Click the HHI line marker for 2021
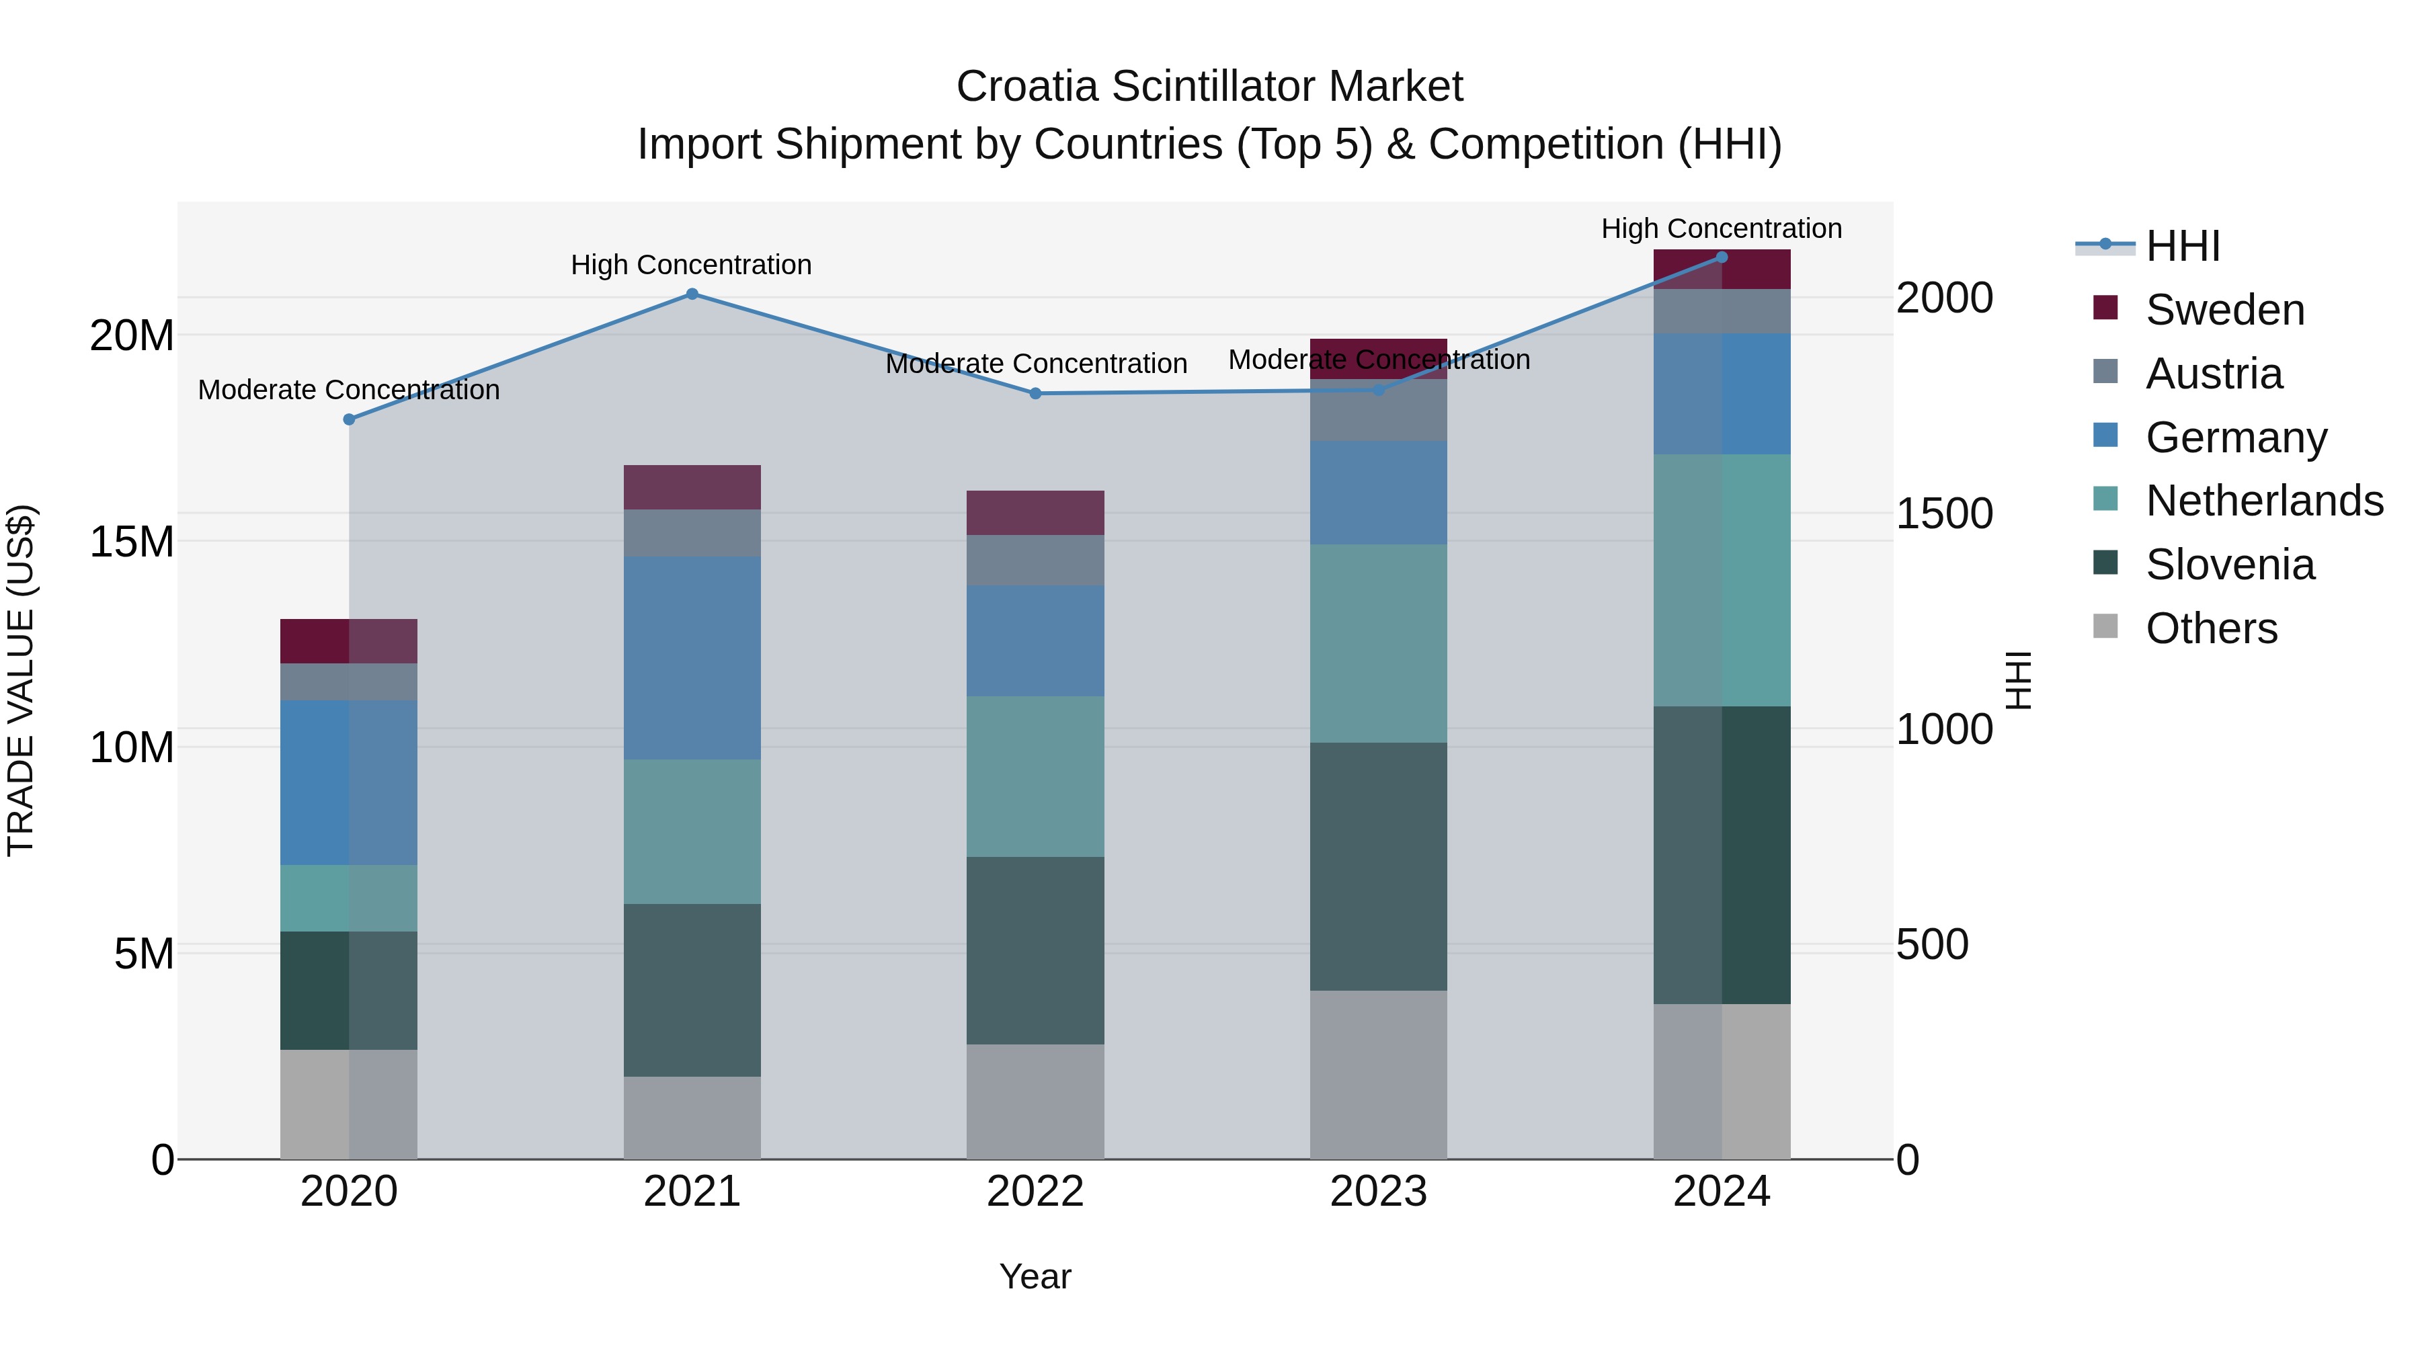pos(692,294)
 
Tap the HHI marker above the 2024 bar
pos(1721,257)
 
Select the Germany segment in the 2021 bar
pos(692,657)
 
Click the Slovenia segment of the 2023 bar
pos(1378,866)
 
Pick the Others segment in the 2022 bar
pos(1035,1101)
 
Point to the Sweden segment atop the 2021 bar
pos(692,487)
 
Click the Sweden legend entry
pos(2224,310)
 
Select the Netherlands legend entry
pos(2264,501)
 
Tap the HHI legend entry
pos(2182,246)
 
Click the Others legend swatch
pos(2105,626)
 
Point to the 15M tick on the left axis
pos(132,542)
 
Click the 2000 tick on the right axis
pos(1943,298)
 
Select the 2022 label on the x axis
pos(1035,1192)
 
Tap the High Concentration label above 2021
pos(692,265)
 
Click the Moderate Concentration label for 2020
pos(348,390)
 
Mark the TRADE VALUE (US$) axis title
pos(21,680)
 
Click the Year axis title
pos(1035,1276)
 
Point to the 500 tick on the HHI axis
pos(1931,945)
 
